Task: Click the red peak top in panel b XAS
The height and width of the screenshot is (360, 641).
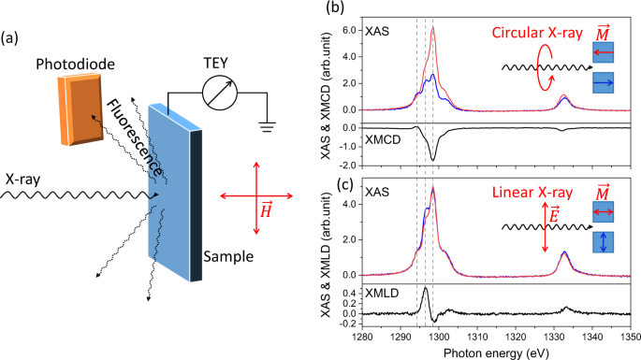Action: [432, 27]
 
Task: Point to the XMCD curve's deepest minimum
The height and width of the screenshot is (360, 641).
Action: [432, 159]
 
